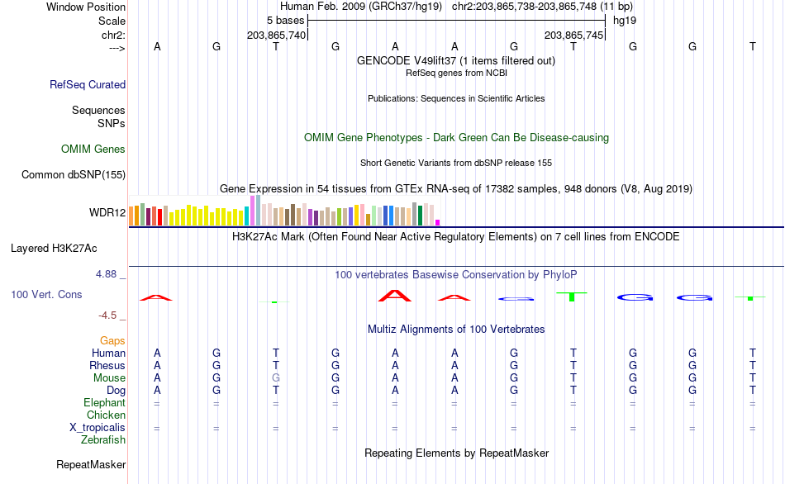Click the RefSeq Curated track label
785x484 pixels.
88,84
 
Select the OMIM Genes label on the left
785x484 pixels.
93,149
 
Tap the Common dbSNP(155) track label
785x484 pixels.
74,174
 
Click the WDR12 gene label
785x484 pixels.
107,213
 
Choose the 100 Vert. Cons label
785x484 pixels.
46,294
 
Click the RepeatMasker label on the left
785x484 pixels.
91,465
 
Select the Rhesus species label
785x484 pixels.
107,365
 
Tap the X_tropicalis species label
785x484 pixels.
98,427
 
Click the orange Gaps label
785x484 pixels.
112,340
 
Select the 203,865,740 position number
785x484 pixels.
276,36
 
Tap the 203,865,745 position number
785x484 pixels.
573,36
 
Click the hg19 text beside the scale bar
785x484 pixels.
624,20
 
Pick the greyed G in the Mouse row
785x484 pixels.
276,377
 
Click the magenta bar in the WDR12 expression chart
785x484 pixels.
438,222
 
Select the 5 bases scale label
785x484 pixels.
285,20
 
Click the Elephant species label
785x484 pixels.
105,402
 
